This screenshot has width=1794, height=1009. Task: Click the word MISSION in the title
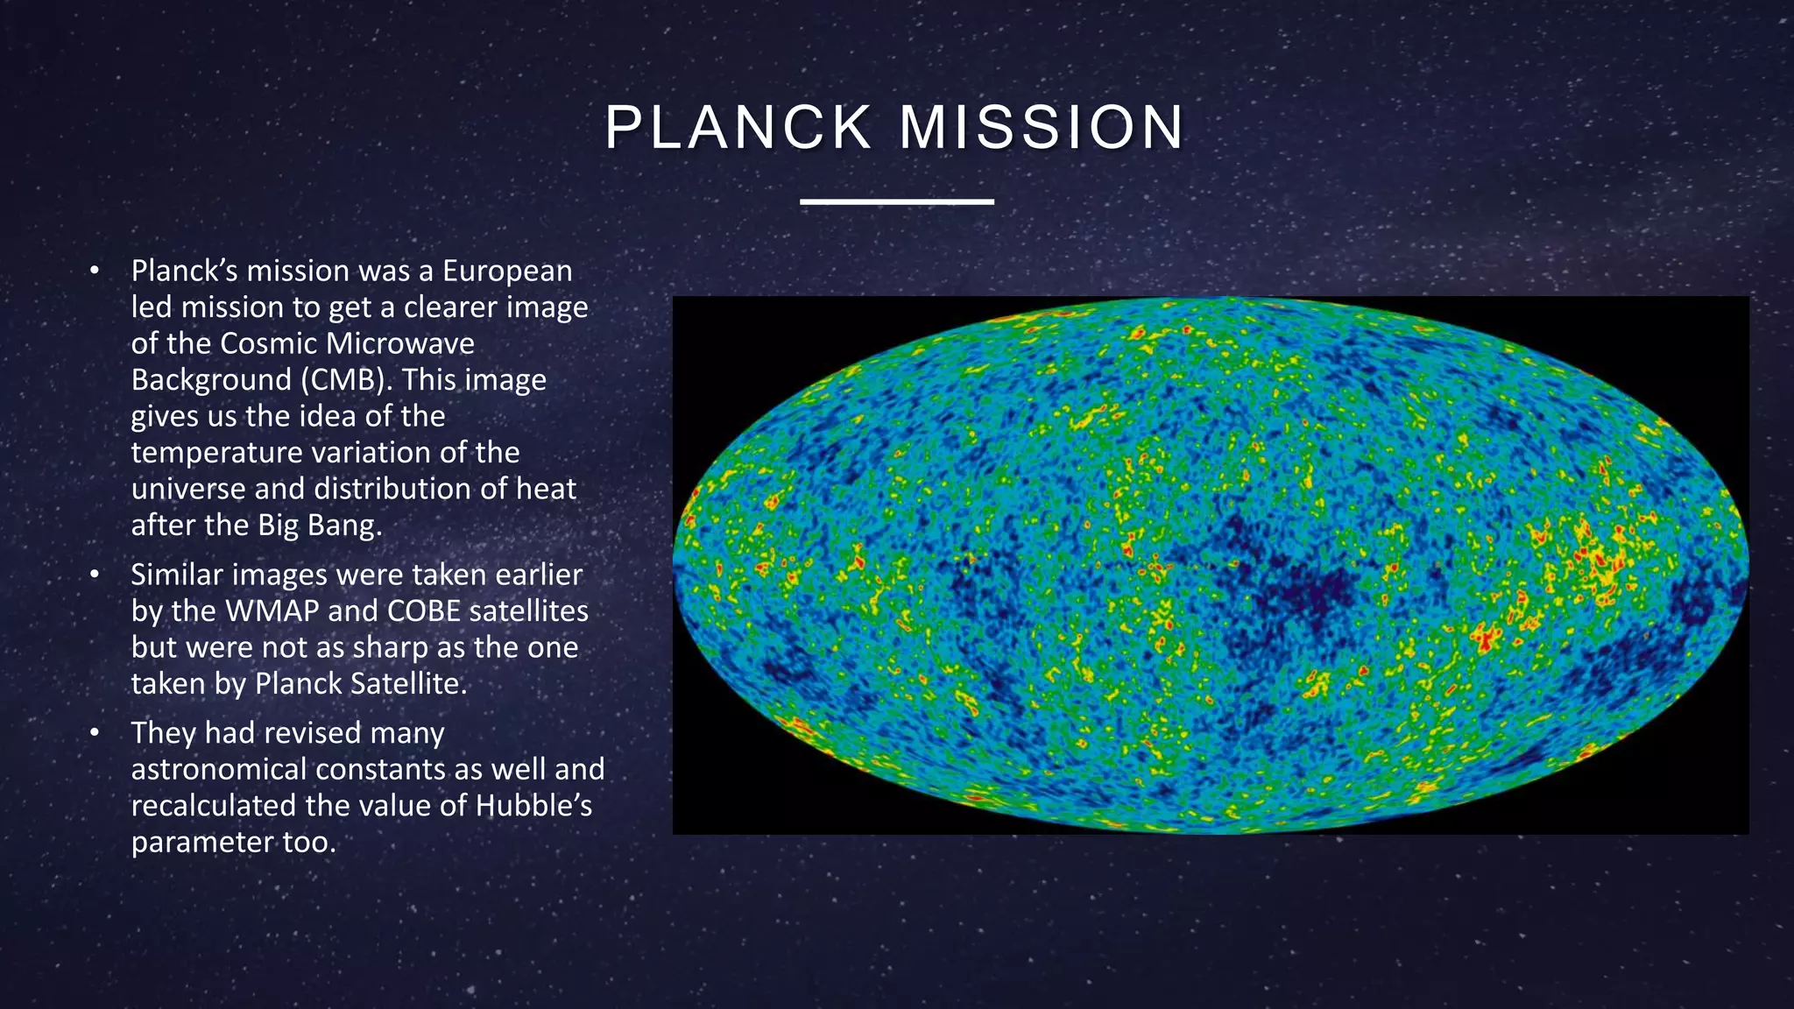[x=1042, y=128]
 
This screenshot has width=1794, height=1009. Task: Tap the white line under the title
[x=896, y=201]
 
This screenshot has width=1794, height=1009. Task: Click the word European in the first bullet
[x=507, y=271]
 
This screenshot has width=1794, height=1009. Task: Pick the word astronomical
[x=219, y=769]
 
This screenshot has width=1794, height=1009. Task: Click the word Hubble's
[x=533, y=806]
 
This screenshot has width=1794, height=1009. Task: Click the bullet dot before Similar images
[x=95, y=575]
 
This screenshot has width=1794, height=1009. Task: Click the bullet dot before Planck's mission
[x=95, y=272]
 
